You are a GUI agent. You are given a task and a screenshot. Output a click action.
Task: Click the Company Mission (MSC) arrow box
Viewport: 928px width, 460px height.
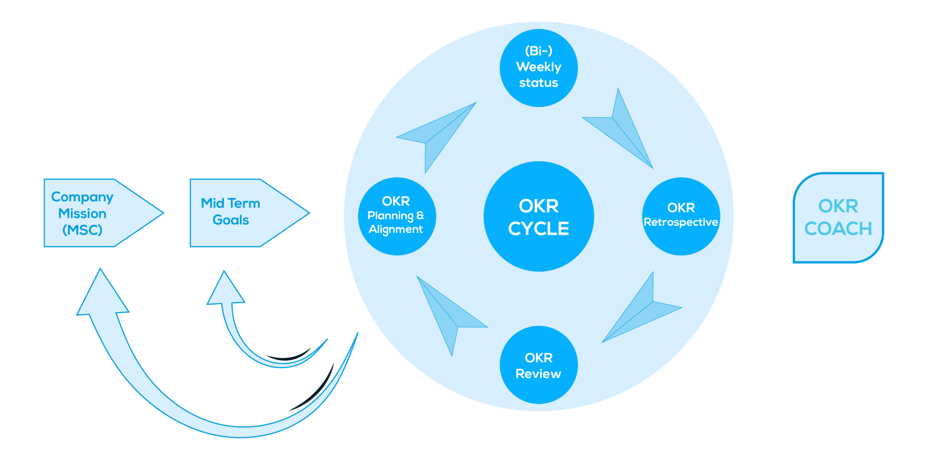[x=95, y=213]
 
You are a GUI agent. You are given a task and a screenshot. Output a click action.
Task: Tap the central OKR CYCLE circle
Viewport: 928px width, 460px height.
[x=538, y=216]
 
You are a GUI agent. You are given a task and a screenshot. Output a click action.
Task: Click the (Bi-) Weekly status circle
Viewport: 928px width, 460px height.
[x=538, y=67]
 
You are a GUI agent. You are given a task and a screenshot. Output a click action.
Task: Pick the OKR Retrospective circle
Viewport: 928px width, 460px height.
[x=681, y=216]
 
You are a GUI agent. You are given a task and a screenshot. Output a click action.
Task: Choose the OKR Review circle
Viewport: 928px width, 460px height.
[x=538, y=365]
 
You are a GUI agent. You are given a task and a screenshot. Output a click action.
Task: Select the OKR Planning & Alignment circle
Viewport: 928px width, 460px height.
[x=396, y=216]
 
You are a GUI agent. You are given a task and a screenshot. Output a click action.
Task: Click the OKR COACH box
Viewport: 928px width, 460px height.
[x=838, y=217]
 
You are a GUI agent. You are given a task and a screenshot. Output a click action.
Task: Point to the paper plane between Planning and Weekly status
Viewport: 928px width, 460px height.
[x=437, y=133]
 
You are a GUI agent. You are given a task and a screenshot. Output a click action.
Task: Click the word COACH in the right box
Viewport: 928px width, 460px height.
[x=838, y=229]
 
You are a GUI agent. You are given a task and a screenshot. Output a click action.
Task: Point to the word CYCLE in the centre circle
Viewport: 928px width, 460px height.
[x=538, y=229]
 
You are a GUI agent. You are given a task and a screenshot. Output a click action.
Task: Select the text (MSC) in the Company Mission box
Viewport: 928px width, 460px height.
[x=82, y=230]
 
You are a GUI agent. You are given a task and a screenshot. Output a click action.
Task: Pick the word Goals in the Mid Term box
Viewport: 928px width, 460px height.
[x=230, y=220]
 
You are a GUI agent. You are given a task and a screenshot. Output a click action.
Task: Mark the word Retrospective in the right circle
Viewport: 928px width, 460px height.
[x=681, y=222]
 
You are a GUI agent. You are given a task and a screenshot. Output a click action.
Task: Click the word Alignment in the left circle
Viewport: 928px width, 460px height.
[x=395, y=229]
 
